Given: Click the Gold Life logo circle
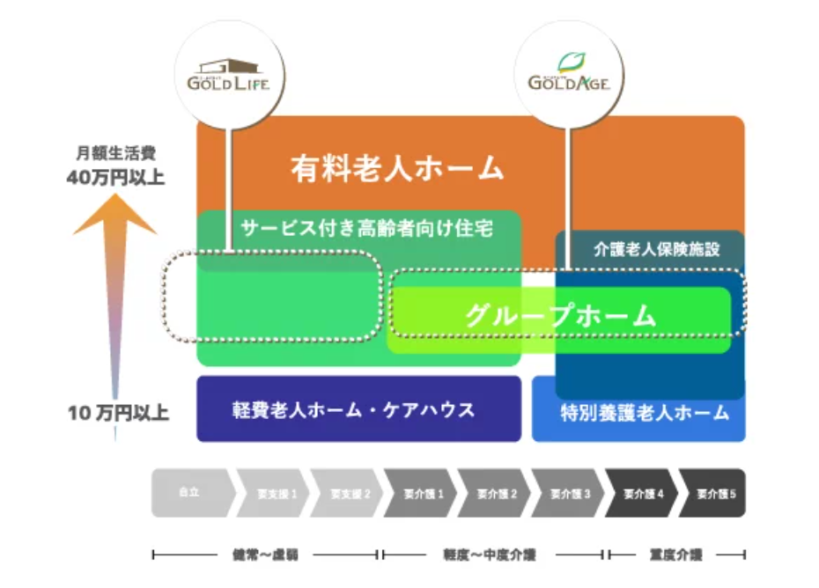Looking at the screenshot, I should tap(228, 75).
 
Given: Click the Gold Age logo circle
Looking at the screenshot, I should tap(569, 75).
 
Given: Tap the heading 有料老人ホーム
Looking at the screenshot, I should tap(398, 167).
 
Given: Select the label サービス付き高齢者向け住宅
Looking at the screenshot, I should tap(366, 229).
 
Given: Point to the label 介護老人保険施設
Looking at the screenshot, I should tap(657, 249).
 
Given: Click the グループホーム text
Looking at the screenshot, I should tap(560, 315).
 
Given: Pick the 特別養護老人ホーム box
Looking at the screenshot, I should tap(645, 412).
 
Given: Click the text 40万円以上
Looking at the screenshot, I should tap(115, 177).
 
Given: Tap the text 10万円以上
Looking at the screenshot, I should tap(118, 412).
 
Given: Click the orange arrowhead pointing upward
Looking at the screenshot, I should tap(114, 217).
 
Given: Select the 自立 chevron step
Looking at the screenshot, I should tap(188, 493).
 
